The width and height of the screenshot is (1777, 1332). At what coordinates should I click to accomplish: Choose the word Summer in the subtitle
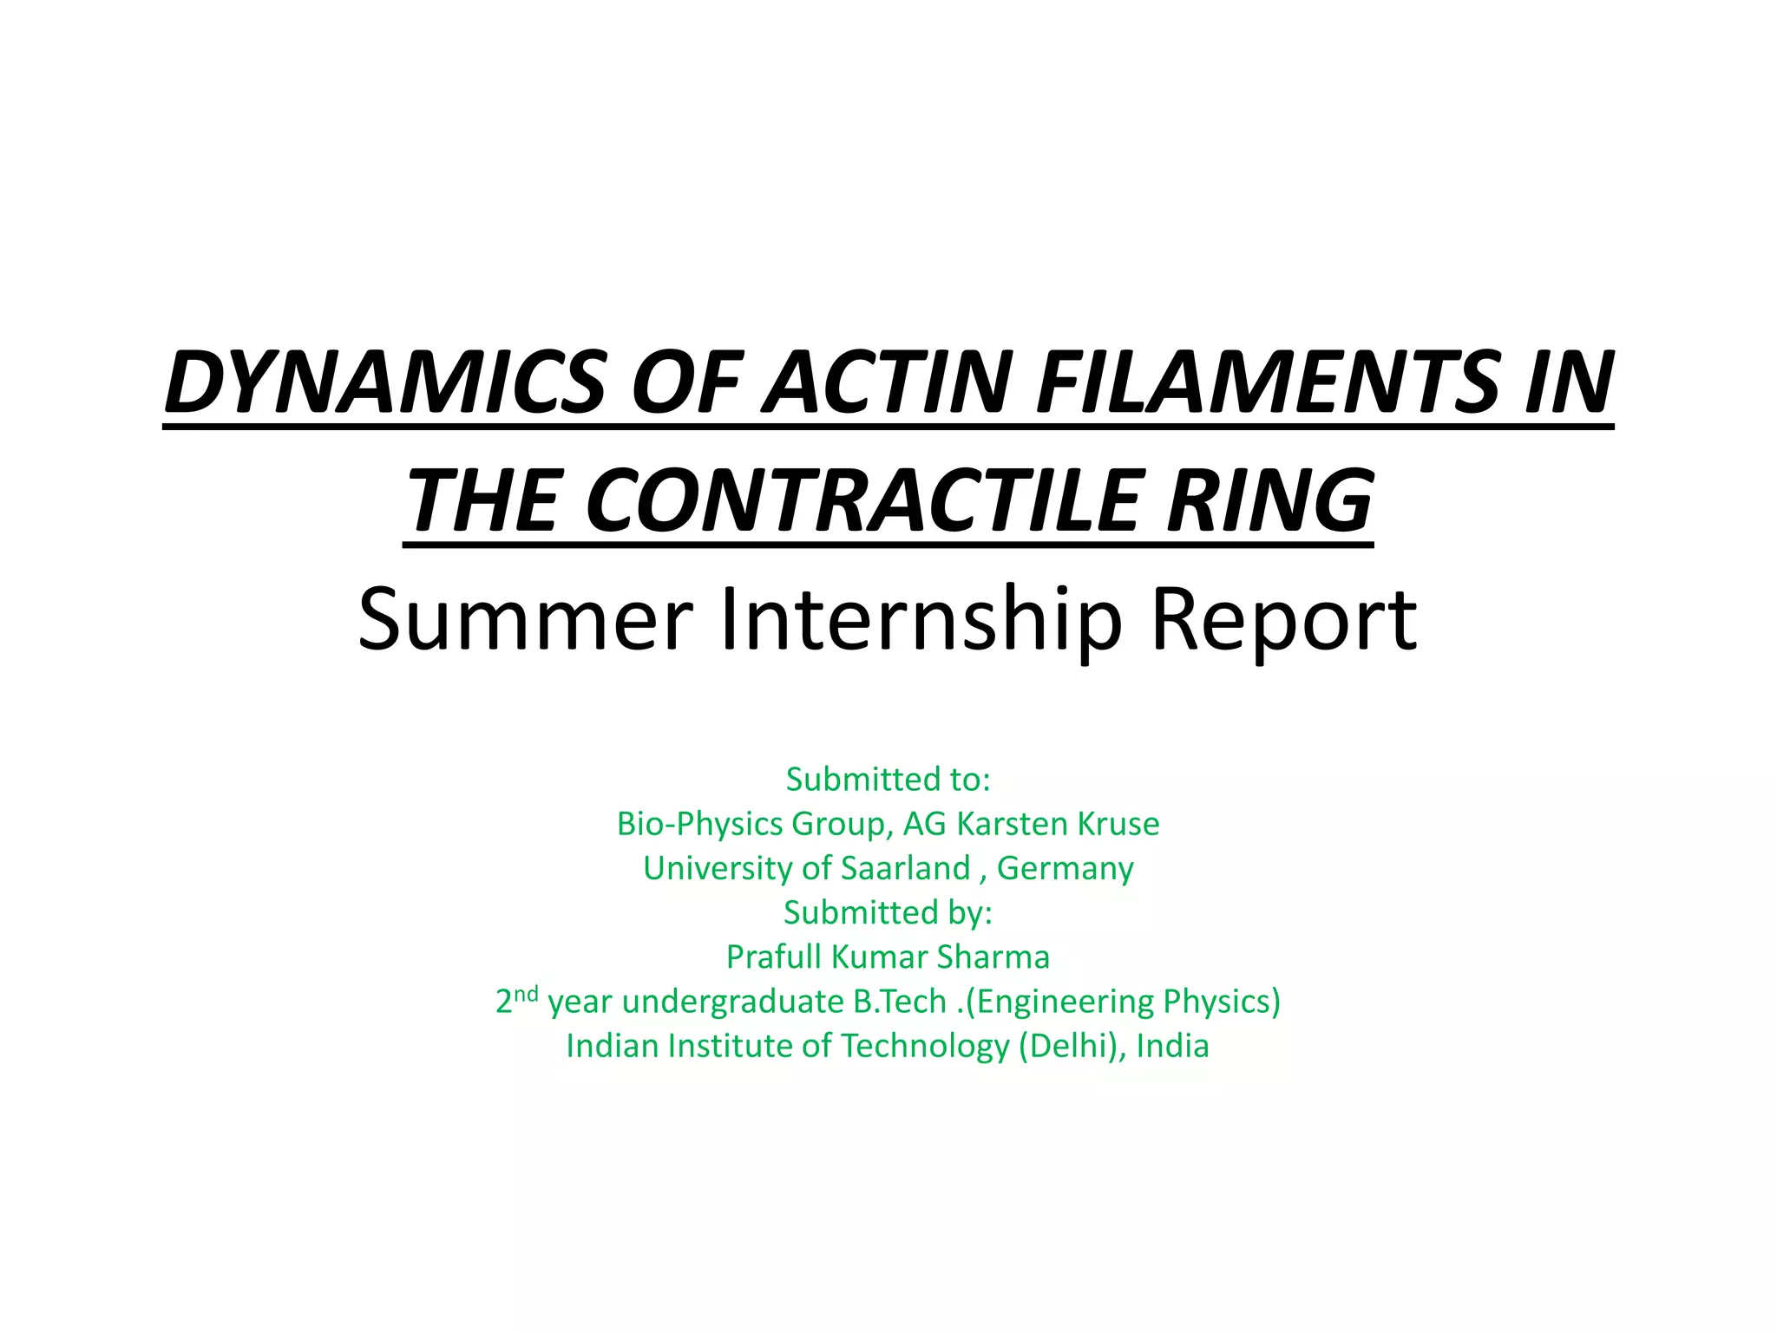click(526, 618)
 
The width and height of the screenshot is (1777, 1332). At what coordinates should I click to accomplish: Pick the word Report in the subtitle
click(1283, 618)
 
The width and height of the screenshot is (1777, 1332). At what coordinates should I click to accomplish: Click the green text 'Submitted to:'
click(888, 779)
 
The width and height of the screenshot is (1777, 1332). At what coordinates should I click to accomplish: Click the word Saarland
click(905, 868)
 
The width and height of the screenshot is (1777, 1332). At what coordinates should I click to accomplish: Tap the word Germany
click(1065, 868)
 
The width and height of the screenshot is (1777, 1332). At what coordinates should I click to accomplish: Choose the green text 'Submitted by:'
click(888, 912)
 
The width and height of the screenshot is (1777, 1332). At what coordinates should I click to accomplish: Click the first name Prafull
click(774, 957)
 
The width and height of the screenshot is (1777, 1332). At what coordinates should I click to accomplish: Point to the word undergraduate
click(732, 1002)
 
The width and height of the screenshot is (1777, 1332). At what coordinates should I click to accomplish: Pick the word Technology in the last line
click(925, 1046)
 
